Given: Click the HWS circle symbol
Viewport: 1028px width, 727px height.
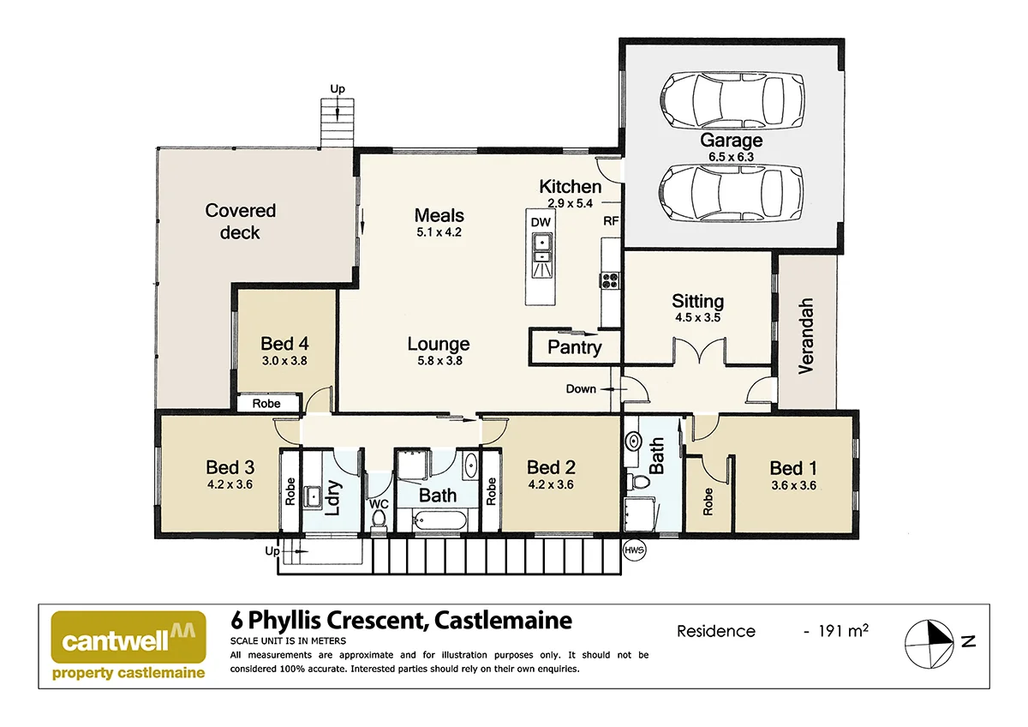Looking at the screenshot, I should click(x=634, y=550).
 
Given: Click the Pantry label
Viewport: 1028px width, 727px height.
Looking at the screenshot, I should click(x=574, y=347).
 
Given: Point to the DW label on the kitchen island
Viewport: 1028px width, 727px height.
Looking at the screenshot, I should click(x=541, y=222).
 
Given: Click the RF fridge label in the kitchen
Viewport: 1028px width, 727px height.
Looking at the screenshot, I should click(x=611, y=220).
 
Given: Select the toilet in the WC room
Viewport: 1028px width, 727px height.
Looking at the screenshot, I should click(x=379, y=519).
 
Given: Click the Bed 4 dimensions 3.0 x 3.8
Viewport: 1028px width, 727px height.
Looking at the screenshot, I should click(x=284, y=362).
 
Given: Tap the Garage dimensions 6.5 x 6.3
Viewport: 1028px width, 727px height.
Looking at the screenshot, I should click(x=731, y=157).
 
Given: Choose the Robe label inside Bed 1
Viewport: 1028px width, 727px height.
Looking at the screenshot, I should click(x=708, y=502).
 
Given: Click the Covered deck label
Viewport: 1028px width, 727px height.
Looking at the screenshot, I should click(x=240, y=221).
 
